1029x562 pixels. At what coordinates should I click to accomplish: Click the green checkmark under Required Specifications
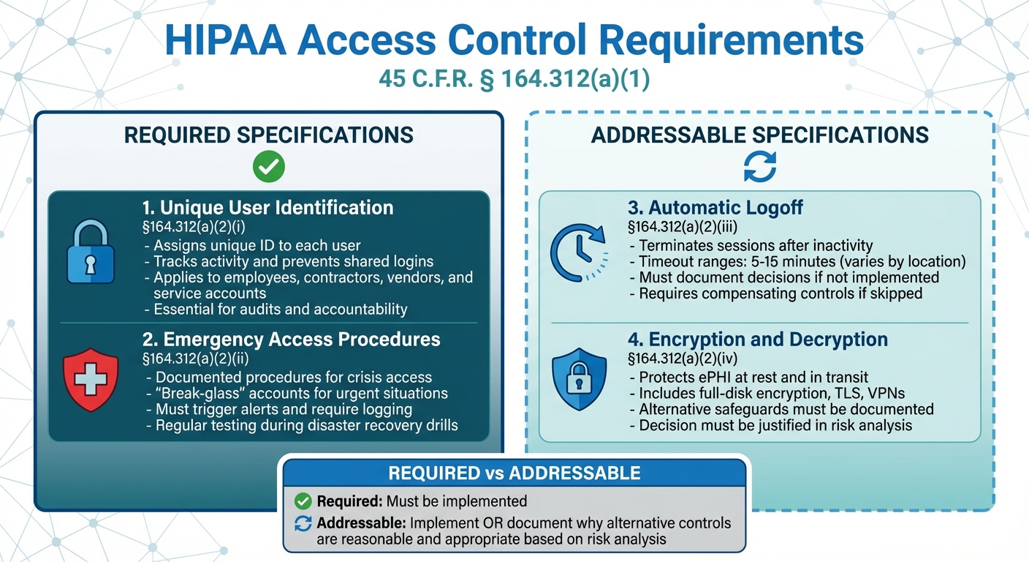coord(268,168)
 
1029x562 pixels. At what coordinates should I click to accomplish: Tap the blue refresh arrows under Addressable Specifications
coord(760,168)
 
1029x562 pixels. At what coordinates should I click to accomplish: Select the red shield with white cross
coord(91,380)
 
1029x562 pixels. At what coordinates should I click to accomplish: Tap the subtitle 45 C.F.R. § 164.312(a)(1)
coord(514,80)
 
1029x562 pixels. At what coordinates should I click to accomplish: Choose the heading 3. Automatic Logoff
coord(715,208)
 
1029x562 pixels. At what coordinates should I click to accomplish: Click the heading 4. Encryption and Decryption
coord(757,340)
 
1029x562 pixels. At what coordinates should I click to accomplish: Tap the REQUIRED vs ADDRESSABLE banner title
coord(514,473)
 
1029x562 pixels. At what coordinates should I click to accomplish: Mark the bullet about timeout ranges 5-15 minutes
coord(798,262)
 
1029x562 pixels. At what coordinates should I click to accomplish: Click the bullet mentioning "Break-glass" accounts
coord(301,394)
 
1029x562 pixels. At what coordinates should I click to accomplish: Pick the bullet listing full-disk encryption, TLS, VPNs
coord(757,394)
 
